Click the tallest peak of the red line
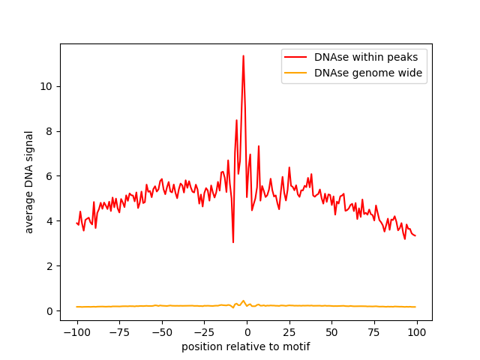(243, 55)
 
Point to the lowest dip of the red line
(233, 242)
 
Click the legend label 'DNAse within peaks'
(366, 57)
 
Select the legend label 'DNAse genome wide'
(368, 73)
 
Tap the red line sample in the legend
(295, 57)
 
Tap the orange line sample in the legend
(295, 73)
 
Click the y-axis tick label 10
(46, 87)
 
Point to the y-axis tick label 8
(49, 132)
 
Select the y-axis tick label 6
(49, 176)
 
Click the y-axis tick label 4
(49, 221)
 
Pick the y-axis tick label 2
(49, 266)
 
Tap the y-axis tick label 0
(49, 311)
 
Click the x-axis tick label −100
(76, 332)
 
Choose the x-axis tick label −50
(162, 332)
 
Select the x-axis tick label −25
(204, 332)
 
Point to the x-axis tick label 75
(374, 332)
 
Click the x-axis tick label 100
(417, 332)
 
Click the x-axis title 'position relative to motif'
(246, 346)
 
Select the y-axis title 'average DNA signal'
(28, 182)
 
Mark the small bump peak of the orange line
(243, 301)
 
